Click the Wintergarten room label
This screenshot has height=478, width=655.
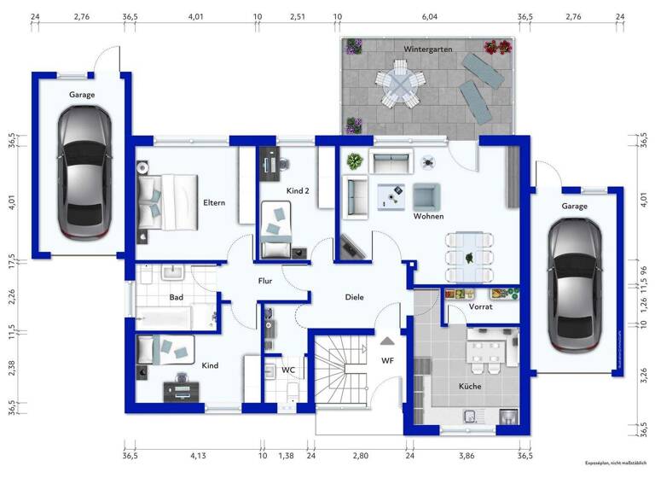[x=428, y=50]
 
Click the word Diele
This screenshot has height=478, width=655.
[x=354, y=297]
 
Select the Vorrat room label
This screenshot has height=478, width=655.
[x=481, y=306]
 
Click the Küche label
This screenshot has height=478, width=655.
[x=469, y=386]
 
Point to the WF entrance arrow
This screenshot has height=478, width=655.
[x=387, y=342]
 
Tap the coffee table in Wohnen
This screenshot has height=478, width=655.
[x=393, y=197]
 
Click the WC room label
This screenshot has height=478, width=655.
[x=288, y=370]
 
